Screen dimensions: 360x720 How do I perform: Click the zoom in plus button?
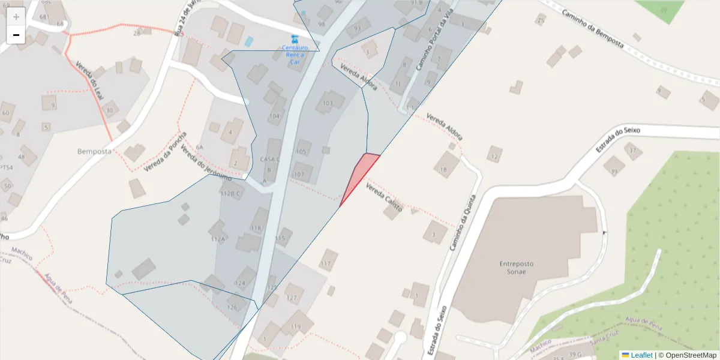tap(16, 17)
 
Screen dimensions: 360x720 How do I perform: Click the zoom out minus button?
tap(16, 35)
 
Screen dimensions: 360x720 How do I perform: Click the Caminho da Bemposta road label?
tap(593, 29)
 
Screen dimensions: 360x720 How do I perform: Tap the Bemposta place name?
tap(94, 151)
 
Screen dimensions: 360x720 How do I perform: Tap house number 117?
tap(326, 263)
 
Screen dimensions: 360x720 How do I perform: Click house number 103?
tap(328, 103)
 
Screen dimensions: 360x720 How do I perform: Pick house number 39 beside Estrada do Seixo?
tap(614, 172)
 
